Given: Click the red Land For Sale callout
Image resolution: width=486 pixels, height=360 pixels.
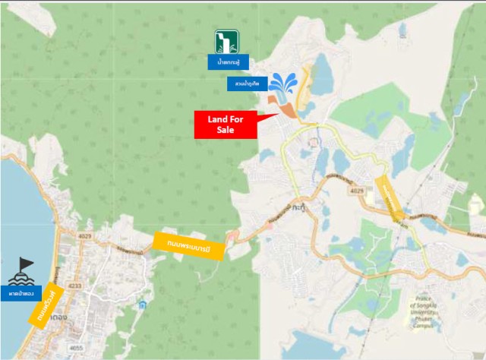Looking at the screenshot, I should pos(226,125).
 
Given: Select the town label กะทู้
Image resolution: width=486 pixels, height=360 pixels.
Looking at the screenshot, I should pos(301,206).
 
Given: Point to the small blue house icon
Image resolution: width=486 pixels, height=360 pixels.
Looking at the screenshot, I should pos(142,305).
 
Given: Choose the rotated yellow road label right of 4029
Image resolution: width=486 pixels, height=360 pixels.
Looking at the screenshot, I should pos(389,198).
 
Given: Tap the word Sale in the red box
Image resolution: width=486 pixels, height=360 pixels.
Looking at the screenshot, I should pos(226,131).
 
